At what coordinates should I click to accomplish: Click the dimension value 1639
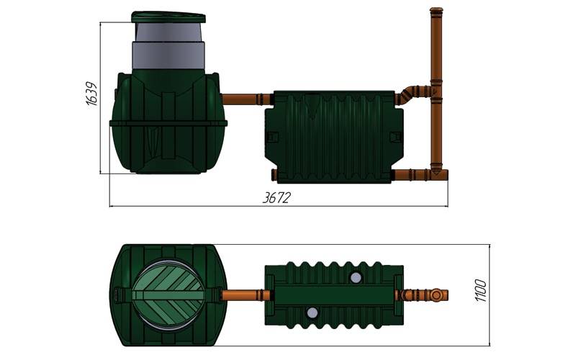point(91,94)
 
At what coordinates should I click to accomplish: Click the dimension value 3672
point(276,197)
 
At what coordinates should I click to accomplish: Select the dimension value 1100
point(480,291)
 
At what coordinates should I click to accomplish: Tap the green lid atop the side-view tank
point(168,17)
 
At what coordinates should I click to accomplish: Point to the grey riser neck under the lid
point(168,46)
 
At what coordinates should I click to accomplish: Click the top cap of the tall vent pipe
point(436,11)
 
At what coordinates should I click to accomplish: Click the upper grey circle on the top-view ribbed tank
point(355,278)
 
